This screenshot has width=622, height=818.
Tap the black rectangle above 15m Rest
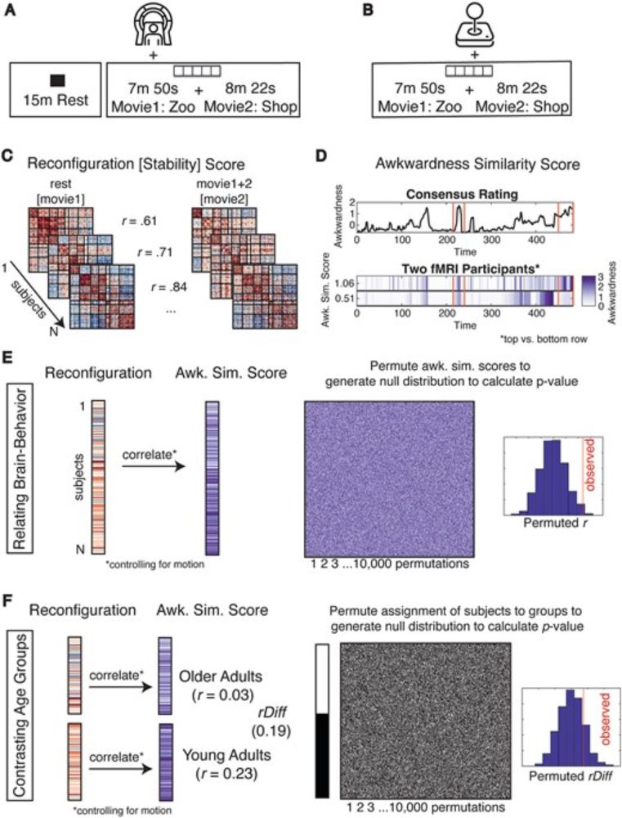[x=56, y=80]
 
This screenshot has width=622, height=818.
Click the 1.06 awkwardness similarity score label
[x=342, y=280]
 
